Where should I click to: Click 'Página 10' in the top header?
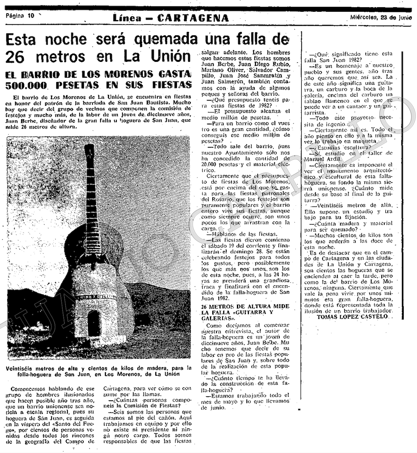coord(20,16)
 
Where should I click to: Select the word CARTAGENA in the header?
coord(193,18)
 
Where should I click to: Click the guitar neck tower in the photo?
coord(91,190)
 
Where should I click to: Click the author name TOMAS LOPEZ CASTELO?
coord(352,316)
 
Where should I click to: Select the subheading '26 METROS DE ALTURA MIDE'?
coord(245,306)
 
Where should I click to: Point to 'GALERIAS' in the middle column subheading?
coord(216,318)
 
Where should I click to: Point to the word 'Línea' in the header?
coord(127,18)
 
